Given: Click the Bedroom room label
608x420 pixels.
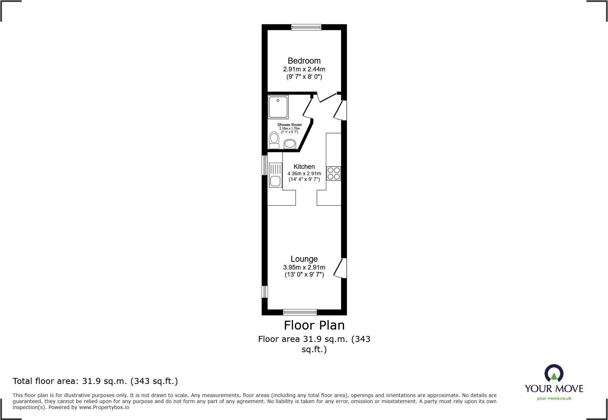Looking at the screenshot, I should [x=304, y=61].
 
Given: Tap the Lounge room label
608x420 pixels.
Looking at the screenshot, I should [x=304, y=259].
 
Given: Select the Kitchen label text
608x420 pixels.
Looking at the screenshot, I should [x=304, y=166].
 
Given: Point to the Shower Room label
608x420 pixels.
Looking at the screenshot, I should [x=289, y=125].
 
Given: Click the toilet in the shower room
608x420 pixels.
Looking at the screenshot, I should [x=274, y=140].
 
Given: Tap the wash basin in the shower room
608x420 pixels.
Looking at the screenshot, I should [x=290, y=144].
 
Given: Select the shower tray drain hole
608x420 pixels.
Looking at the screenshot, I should [x=278, y=100].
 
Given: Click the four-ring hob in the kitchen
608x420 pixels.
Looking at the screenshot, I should [x=333, y=173].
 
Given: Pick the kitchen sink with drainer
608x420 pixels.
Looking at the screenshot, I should [x=275, y=175].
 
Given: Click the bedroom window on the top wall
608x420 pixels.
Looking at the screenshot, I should [x=306, y=27].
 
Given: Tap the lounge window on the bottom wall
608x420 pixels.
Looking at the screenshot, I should [x=300, y=312].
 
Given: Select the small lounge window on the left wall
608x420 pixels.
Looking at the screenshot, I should [x=264, y=292].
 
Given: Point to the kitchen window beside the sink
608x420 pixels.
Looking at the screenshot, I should [x=264, y=165].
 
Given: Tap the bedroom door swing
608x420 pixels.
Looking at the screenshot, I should [x=327, y=97].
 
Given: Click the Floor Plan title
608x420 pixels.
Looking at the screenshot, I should [x=314, y=325].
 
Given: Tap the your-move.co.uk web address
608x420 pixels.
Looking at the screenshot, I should [x=554, y=398].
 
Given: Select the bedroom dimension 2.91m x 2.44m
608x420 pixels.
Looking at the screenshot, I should [x=304, y=69].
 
